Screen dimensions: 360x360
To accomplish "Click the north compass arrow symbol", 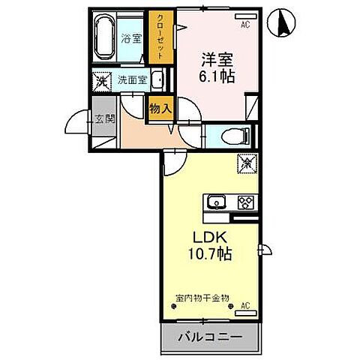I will [284, 22].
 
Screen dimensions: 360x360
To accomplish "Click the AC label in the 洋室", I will [244, 25].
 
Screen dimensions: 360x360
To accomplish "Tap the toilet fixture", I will [232, 136].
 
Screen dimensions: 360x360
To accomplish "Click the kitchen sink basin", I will [215, 202].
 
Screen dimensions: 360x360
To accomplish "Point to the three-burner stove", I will [245, 202].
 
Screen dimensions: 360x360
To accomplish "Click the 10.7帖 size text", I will [210, 255].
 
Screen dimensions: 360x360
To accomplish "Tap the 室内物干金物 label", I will [202, 298].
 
